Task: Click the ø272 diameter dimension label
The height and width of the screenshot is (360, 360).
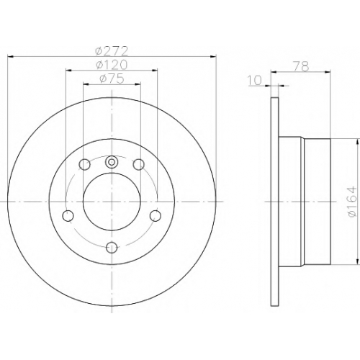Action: (x=112, y=51)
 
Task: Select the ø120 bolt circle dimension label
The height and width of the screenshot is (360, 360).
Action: (x=112, y=65)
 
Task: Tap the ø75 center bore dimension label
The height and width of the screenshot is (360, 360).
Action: (x=112, y=79)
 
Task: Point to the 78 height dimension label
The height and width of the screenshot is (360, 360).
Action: (x=301, y=66)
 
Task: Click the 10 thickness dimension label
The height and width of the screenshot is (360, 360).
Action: (x=254, y=81)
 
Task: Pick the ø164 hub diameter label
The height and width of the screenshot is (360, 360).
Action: (x=353, y=202)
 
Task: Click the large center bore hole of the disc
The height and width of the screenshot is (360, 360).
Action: (x=112, y=202)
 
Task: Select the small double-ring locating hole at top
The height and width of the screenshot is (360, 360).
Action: (x=112, y=162)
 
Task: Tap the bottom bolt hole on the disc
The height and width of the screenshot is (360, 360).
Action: (x=112, y=248)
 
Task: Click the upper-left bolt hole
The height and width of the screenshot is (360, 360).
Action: (x=85, y=165)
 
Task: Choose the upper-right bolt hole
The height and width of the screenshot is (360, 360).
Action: (x=139, y=165)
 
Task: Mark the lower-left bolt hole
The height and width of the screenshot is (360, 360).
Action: (x=68, y=215)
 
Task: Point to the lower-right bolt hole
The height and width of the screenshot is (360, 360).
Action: (x=156, y=215)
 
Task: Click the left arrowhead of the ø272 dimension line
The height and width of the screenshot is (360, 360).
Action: (x=11, y=57)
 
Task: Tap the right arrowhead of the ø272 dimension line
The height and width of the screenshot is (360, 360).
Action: (x=213, y=57)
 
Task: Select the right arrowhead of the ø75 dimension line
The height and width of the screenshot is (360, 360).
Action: (x=138, y=84)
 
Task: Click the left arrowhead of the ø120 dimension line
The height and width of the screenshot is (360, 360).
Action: (x=68, y=71)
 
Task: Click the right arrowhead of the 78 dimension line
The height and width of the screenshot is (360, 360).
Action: (x=328, y=71)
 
